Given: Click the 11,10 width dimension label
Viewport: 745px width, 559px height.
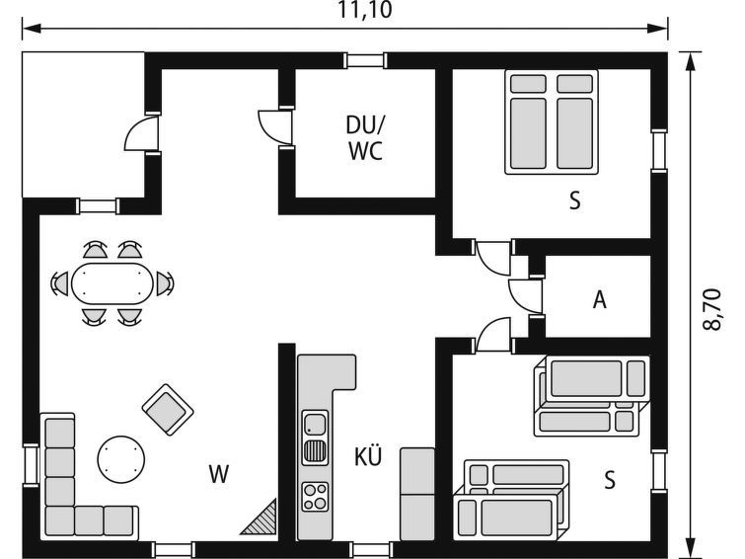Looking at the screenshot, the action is coord(365,10).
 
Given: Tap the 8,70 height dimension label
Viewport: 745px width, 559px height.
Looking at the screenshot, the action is coord(712,309).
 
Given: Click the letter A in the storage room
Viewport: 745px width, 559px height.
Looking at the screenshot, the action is coord(600,299).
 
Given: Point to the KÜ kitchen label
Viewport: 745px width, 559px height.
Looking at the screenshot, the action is coord(368,455).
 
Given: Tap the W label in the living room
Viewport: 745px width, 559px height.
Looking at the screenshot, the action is coord(219,474).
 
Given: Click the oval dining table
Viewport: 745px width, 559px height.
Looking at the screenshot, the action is coord(112,283).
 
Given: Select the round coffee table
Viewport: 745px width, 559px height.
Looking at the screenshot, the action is coord(121,459).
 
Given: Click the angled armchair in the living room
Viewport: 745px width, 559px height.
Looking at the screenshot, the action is coord(168,410).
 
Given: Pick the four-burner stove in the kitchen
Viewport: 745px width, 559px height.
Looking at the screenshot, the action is coord(315,496).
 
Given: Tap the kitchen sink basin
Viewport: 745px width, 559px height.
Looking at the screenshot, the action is coord(315,424).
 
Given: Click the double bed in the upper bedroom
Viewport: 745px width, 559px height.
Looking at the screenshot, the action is coord(552,122).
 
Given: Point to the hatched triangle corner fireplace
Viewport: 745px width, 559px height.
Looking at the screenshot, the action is coord(259,518).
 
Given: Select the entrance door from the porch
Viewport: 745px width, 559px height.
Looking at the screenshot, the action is coord(141,133).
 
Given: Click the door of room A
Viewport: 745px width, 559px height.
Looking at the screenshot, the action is coord(525,296).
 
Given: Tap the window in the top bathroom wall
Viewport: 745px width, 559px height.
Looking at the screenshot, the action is coord(364,60).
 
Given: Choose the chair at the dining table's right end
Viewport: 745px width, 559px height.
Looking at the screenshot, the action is coord(165,283).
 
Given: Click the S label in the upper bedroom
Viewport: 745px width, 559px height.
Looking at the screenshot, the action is coord(575,200).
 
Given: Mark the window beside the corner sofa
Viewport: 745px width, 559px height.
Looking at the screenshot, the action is coord(31,465).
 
